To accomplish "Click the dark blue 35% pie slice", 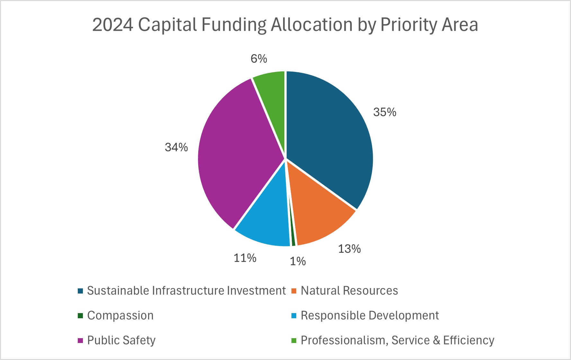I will pos(328,135).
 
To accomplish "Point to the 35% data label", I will pos(385,112).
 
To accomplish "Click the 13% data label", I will pos(349,249).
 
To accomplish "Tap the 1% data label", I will pos(298,261).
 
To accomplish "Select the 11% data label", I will pos(245,258).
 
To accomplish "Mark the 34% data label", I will pos(176,147).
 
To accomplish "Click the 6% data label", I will pos(259,59).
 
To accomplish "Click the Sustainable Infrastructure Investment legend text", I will pos(186,291).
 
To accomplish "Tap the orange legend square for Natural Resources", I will pos(294,291).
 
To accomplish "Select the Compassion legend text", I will pos(120,316).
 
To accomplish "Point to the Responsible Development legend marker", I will pos(294,316).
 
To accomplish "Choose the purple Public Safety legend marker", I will pos(80,340).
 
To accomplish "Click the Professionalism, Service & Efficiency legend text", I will pos(397,340).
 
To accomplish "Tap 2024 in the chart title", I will pos(112,25).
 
